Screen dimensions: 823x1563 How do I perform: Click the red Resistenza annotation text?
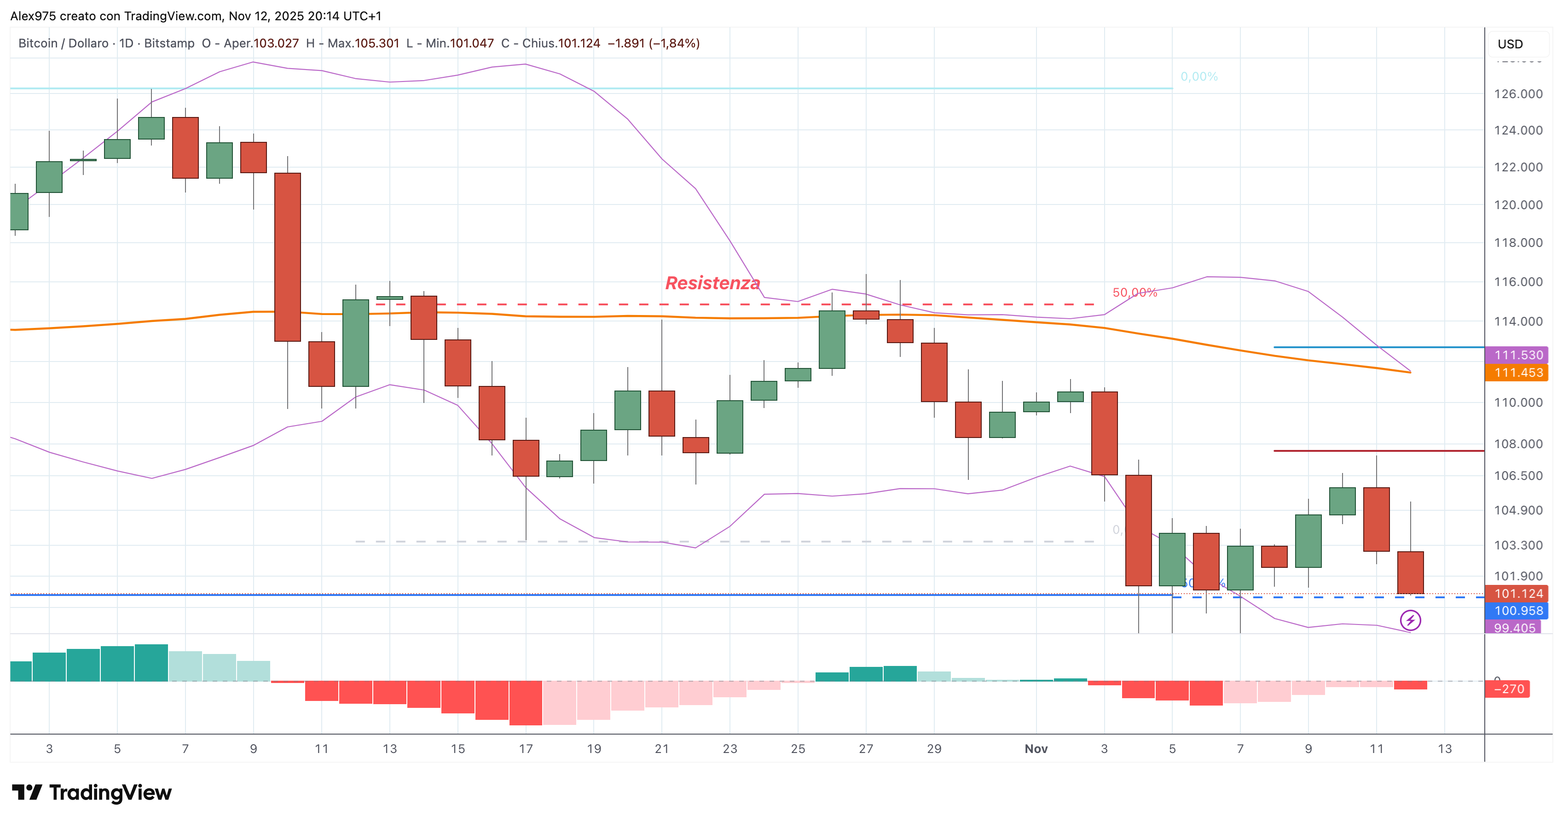tap(712, 283)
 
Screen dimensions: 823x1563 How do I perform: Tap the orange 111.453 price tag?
tap(1517, 373)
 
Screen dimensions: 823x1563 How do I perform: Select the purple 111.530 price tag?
tap(1517, 355)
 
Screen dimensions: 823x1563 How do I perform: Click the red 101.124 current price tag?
tap(1517, 594)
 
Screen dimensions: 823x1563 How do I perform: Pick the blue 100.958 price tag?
tap(1517, 611)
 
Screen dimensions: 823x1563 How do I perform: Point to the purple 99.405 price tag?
tap(1513, 628)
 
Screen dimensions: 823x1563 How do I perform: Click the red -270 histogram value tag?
tap(1508, 689)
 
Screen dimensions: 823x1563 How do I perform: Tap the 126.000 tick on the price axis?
tap(1517, 94)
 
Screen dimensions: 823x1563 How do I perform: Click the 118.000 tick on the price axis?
tap(1517, 243)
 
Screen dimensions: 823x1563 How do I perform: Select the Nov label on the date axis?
tap(1036, 749)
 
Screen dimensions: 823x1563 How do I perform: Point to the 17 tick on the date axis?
tap(526, 749)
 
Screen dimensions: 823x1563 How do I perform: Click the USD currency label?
tap(1510, 44)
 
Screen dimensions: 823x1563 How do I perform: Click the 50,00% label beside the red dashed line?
tap(1135, 292)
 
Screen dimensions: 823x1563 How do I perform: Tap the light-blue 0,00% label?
tap(1198, 76)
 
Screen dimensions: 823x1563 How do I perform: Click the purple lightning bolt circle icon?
tap(1410, 620)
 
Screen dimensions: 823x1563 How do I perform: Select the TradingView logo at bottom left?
tap(92, 793)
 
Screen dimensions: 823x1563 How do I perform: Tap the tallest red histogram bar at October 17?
tap(526, 703)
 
